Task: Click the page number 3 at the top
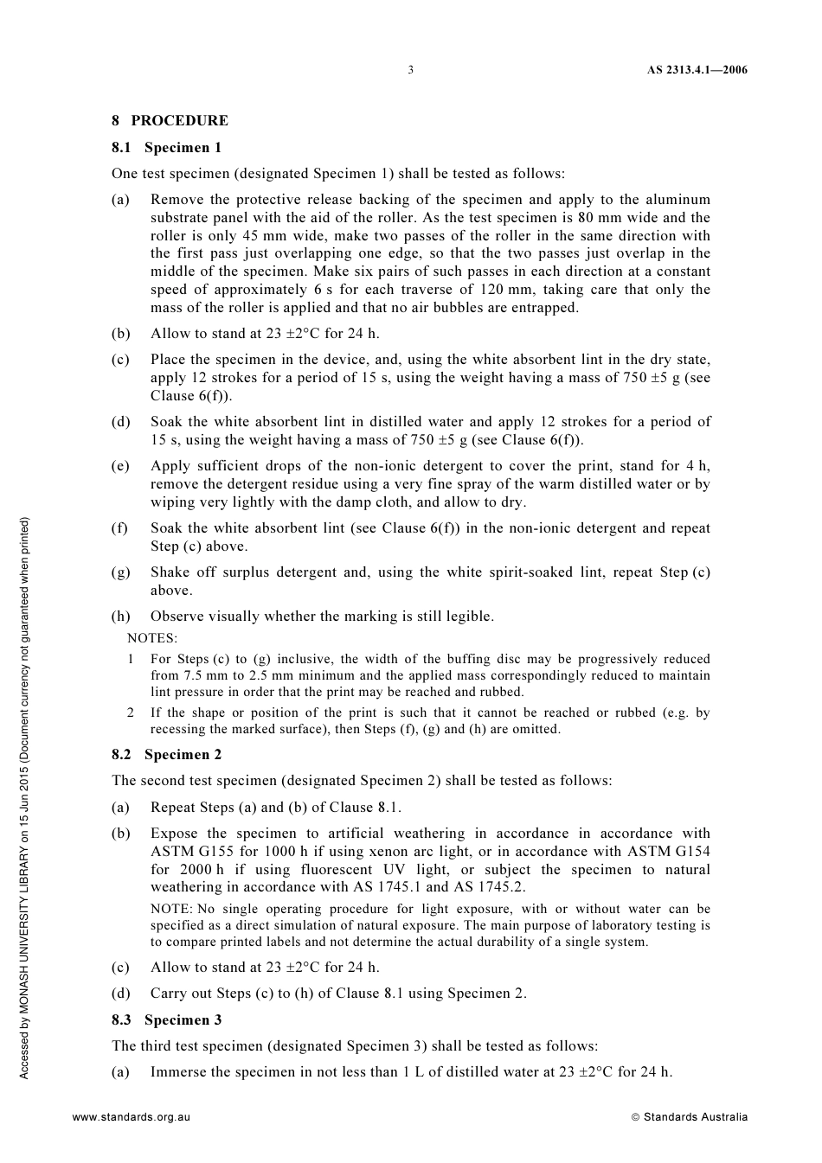point(410,70)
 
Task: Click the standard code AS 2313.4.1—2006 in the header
point(697,70)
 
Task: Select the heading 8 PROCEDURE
point(170,121)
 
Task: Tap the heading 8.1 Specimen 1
point(166,148)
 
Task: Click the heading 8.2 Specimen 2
point(166,755)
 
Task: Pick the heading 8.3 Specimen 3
point(166,1020)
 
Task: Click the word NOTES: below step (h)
point(152,639)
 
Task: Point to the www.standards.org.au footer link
point(131,1117)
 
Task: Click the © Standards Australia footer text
point(689,1117)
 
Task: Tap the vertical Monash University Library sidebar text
point(25,797)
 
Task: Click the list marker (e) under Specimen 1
point(120,466)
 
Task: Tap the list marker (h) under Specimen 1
point(120,617)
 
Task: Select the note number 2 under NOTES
point(130,713)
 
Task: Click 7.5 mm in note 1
point(202,676)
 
